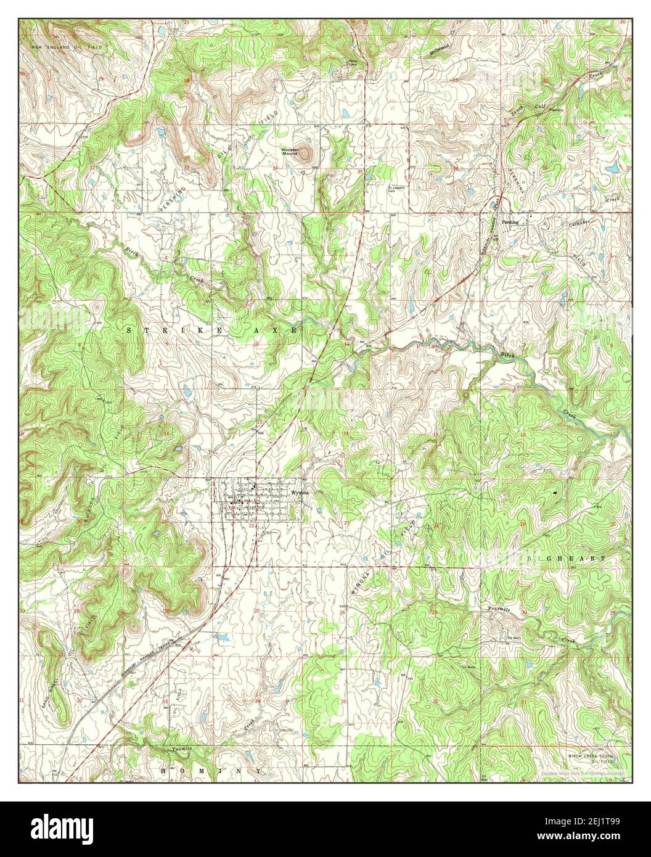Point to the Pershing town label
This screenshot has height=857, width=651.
(x=510, y=221)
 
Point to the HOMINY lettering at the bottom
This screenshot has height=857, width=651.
(x=203, y=771)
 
